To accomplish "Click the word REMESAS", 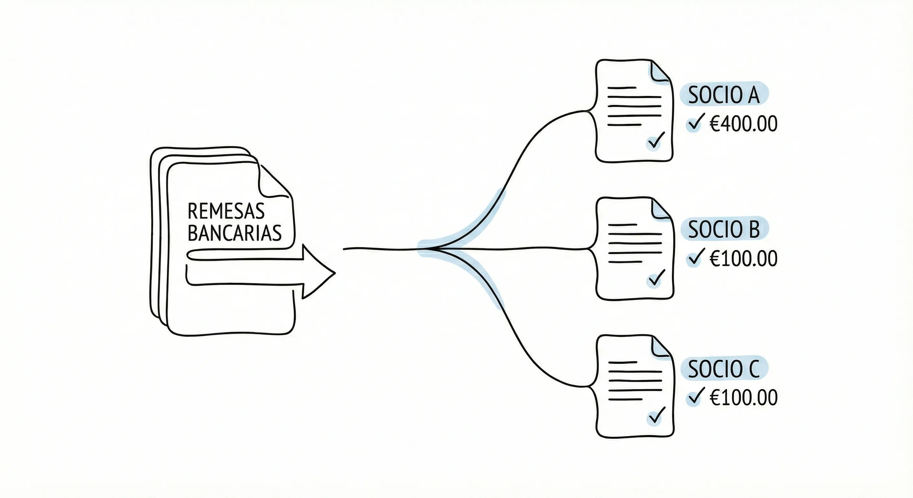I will click(226, 211).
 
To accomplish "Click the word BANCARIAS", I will click(234, 233).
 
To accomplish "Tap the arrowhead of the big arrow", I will click(319, 272).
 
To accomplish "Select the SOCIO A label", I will click(723, 95).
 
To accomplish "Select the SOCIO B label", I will click(724, 229).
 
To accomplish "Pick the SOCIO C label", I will click(723, 369).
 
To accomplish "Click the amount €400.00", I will click(743, 124).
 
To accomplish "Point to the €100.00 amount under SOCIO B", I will click(743, 258).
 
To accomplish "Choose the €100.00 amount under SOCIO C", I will click(743, 397).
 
